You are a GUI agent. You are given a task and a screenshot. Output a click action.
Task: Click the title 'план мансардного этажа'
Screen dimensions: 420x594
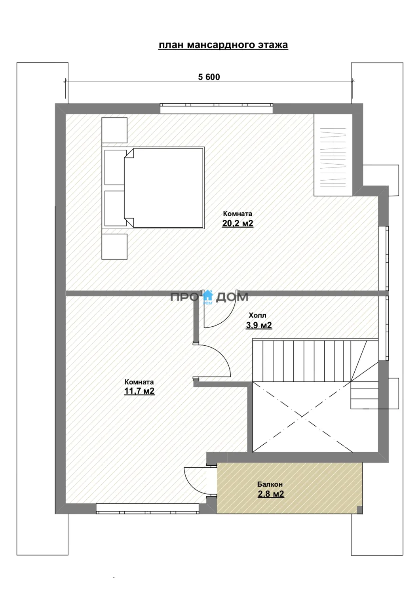click(223, 45)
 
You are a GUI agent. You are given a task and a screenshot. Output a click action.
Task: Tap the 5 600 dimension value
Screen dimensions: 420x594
click(209, 77)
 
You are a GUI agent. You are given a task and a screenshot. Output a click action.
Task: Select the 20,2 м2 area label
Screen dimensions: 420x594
click(238, 223)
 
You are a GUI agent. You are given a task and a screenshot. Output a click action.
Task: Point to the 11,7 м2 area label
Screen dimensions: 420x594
click(139, 391)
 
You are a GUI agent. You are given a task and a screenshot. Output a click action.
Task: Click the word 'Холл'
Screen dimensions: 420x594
click(257, 315)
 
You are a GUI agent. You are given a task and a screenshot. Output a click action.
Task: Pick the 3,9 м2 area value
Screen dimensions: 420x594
click(259, 325)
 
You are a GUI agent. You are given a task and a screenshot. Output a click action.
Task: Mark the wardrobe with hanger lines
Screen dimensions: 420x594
click(333, 155)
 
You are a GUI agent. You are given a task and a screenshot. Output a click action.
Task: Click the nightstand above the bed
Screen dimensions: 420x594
click(114, 130)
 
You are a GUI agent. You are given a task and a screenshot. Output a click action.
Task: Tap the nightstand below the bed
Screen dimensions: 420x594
click(114, 246)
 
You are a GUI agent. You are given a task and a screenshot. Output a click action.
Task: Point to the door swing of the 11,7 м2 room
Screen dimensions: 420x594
click(223, 355)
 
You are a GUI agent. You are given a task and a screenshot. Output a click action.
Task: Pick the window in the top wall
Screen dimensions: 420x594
click(217, 109)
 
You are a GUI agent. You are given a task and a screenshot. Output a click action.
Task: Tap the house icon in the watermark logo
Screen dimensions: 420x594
click(208, 296)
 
